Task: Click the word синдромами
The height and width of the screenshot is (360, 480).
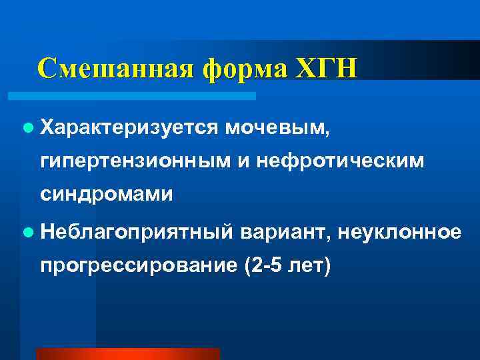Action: tap(107, 195)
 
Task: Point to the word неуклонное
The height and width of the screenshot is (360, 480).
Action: tap(399, 233)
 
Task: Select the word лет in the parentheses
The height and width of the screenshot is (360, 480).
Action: tap(311, 267)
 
